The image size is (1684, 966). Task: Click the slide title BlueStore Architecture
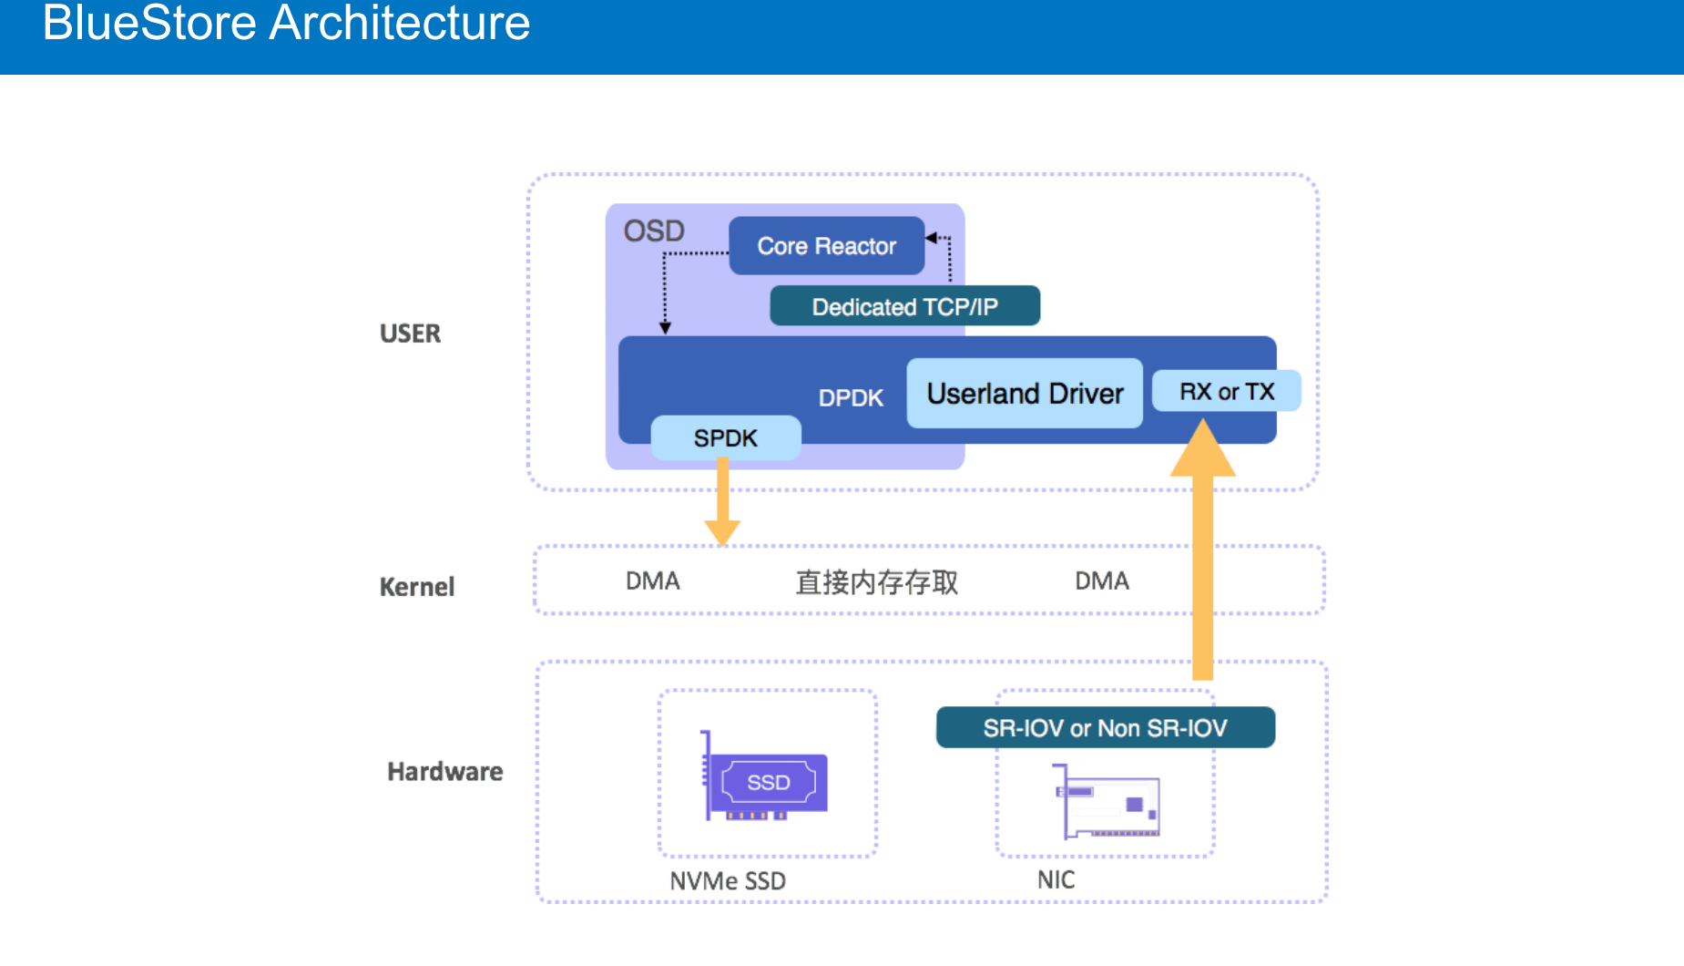click(x=286, y=24)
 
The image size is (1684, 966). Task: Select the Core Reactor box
click(x=826, y=246)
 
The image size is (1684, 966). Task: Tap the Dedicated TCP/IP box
click(x=904, y=306)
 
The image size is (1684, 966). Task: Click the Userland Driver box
click(x=1025, y=394)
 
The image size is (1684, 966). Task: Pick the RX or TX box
click(x=1226, y=391)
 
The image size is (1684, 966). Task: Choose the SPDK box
click(x=725, y=438)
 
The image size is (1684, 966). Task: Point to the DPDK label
click(x=851, y=398)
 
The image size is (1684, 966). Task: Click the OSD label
click(x=653, y=231)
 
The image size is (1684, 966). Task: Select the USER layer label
click(x=410, y=334)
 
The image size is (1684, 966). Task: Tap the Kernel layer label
click(x=416, y=587)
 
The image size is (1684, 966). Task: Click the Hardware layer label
click(x=444, y=772)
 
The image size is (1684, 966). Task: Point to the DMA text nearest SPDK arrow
click(x=652, y=581)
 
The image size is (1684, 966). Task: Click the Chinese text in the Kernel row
click(x=876, y=582)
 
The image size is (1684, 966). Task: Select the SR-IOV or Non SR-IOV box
click(x=1105, y=728)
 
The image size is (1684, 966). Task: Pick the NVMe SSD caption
click(x=727, y=881)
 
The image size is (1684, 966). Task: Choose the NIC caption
click(x=1056, y=880)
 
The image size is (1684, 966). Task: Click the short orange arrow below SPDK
click(x=722, y=501)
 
